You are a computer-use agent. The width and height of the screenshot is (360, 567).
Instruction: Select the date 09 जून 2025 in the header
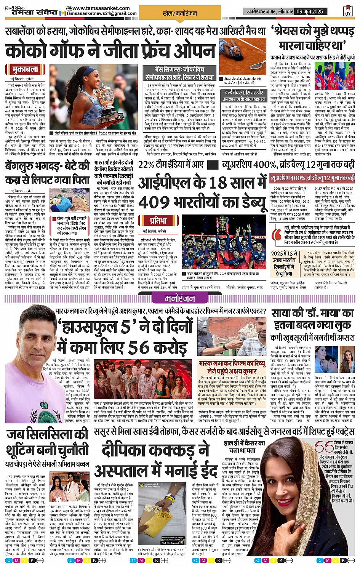tap(309, 11)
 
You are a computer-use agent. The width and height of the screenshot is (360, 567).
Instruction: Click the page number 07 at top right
tap(348, 12)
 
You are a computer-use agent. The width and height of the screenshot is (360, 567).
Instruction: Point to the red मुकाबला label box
tap(25, 69)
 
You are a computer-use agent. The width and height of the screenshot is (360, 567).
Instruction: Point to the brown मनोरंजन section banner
tap(180, 298)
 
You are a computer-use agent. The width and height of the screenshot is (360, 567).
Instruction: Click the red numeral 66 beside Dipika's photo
tap(323, 447)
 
